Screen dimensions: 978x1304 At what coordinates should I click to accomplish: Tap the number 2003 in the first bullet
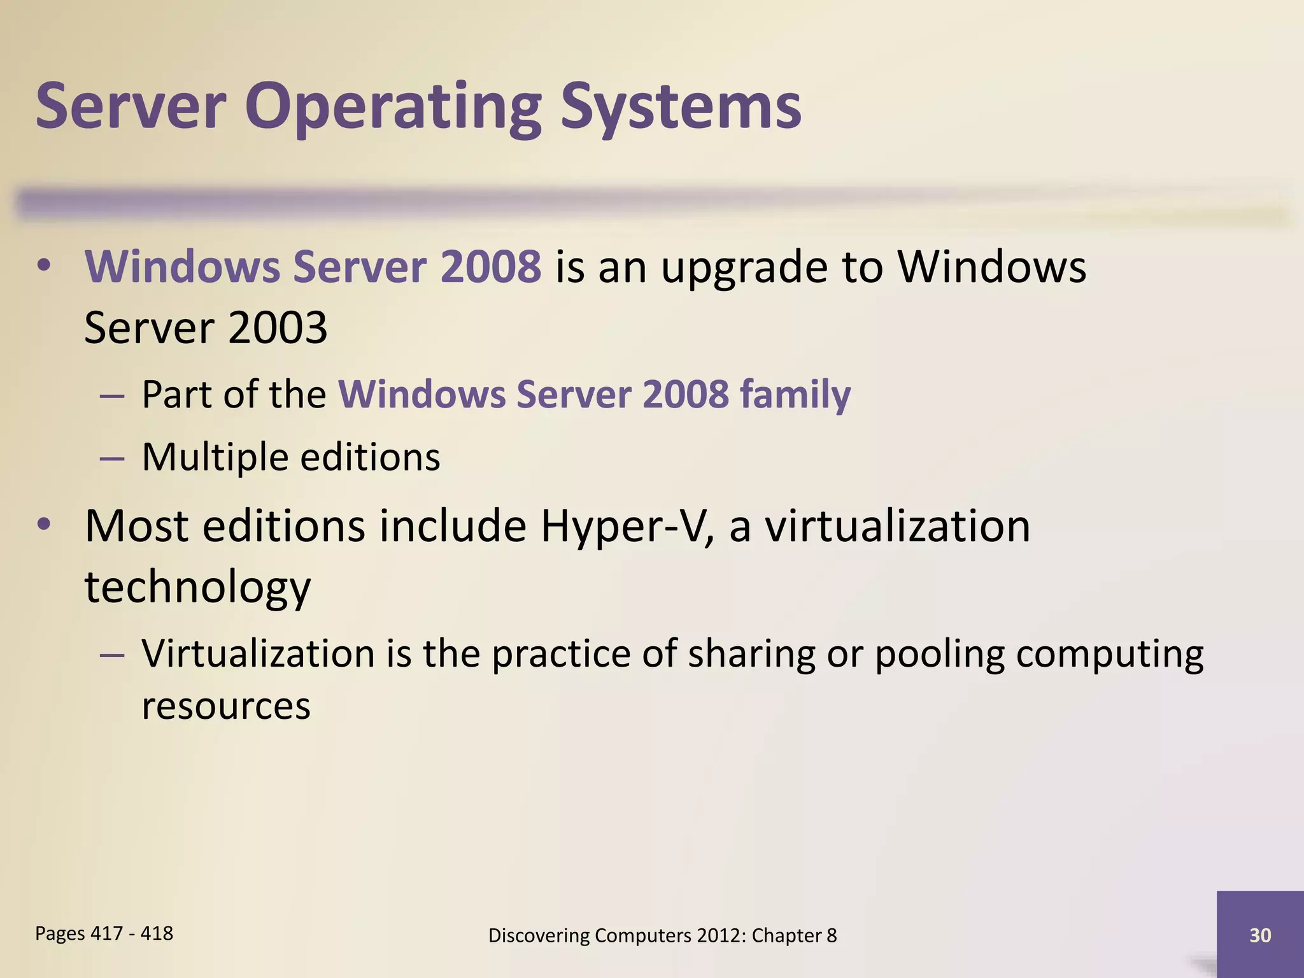pyautogui.click(x=277, y=328)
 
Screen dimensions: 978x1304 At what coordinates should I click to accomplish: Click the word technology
pyautogui.click(x=197, y=587)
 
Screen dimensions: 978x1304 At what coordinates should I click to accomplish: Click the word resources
pyautogui.click(x=226, y=706)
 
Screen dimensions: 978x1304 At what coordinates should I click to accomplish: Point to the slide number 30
pyautogui.click(x=1260, y=935)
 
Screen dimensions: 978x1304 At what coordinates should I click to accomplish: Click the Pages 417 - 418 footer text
pyautogui.click(x=104, y=933)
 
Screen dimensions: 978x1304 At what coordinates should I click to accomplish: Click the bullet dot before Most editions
pyautogui.click(x=43, y=524)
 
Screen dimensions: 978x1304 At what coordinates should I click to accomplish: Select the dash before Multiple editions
pyautogui.click(x=112, y=458)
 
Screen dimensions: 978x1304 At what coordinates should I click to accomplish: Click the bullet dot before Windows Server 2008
pyautogui.click(x=43, y=266)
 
